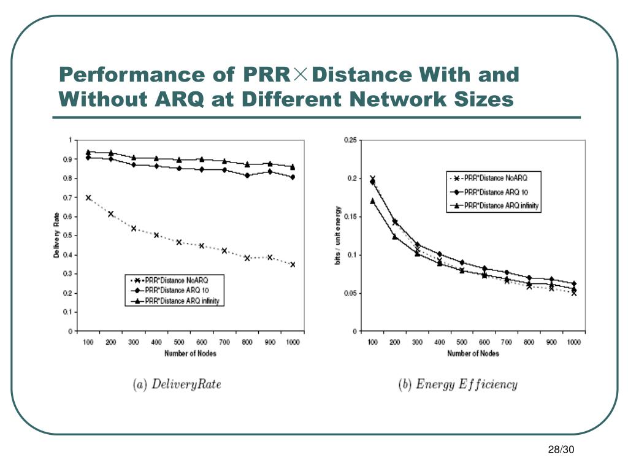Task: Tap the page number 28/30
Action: [x=561, y=451]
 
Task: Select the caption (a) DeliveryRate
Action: [x=177, y=385]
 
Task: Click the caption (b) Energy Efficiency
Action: [x=458, y=385]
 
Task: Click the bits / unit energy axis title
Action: [x=337, y=235]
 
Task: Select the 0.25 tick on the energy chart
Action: [x=349, y=140]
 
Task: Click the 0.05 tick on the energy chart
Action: [x=349, y=293]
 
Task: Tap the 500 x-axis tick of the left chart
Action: [x=178, y=342]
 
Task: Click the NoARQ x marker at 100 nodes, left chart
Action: [x=88, y=197]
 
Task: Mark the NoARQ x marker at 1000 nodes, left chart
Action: [x=293, y=264]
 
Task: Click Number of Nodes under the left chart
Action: [x=190, y=353]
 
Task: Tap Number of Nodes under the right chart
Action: [x=473, y=353]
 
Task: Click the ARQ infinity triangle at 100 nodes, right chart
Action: [x=372, y=201]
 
